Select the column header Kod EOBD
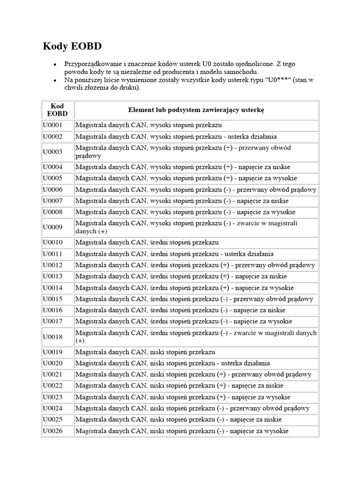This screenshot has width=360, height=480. click(57, 110)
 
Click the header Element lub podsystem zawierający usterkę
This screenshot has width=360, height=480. click(196, 110)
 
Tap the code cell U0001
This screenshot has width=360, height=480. click(52, 125)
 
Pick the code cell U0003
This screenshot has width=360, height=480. click(52, 152)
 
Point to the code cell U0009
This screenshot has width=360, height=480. click(52, 227)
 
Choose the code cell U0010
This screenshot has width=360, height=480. click(52, 242)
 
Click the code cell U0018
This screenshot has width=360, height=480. click(52, 337)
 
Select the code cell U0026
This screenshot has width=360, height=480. click(52, 431)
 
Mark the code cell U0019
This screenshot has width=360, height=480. click(52, 352)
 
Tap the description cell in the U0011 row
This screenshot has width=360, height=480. click(174, 254)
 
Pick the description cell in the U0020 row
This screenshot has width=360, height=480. click(172, 363)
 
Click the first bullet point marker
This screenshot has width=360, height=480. click(55, 64)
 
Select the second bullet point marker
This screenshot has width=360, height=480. click(55, 81)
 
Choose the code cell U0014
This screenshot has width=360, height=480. click(52, 287)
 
